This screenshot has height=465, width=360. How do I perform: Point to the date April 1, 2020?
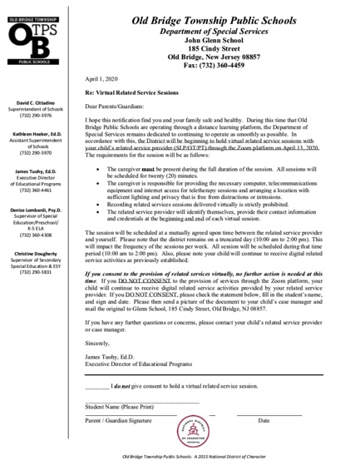coord(101,78)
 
